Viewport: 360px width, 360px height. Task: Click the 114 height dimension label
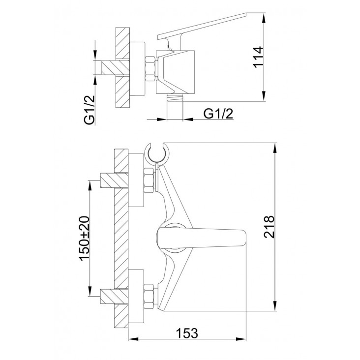coord(258,57)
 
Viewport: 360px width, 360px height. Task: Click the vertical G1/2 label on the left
coord(90,110)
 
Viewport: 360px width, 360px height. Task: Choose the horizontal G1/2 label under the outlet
coord(218,114)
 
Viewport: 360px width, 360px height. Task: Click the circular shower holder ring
coord(157,153)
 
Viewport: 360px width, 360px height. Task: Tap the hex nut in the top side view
coord(151,68)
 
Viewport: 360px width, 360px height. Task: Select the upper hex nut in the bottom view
coord(149,180)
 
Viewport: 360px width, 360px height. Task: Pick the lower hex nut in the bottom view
coord(149,296)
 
